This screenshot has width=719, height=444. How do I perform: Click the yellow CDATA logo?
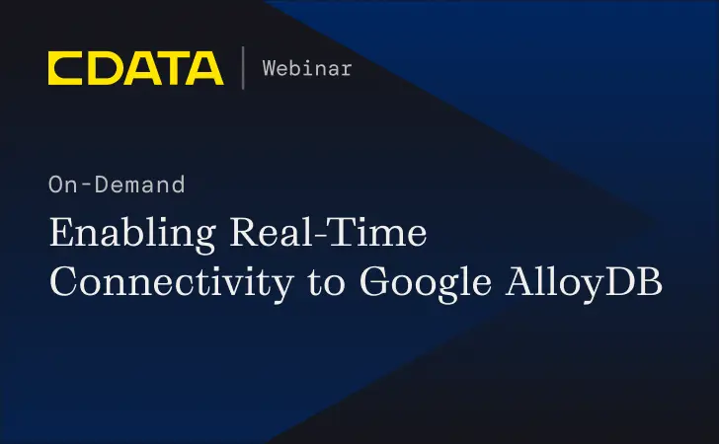[135, 68]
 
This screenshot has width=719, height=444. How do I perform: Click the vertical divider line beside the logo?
[242, 68]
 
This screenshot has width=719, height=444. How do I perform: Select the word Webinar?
[306, 68]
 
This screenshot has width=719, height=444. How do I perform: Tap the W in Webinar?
[269, 68]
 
